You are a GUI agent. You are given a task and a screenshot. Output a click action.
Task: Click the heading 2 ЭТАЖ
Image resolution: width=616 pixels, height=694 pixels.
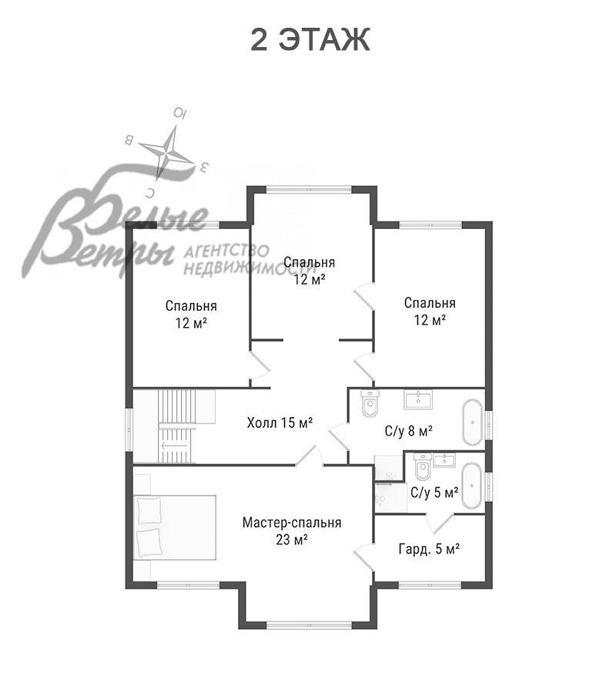pos(310,40)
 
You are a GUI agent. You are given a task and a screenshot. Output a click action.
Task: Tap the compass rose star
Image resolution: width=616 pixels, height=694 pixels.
pos(167,153)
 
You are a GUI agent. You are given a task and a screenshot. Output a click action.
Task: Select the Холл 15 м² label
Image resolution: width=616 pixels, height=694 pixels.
pos(280,423)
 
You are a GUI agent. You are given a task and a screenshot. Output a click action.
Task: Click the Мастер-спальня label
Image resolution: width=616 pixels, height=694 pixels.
pos(292,522)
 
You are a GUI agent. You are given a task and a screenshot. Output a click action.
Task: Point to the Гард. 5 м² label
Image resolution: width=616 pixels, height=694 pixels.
pos(429,549)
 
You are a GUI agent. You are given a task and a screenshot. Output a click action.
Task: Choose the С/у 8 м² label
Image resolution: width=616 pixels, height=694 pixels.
pos(409,430)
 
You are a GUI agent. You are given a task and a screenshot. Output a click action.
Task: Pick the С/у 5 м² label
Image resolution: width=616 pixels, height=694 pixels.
pos(434,492)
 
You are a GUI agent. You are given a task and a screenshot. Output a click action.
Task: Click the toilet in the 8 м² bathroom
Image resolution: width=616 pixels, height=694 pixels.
pos(370,403)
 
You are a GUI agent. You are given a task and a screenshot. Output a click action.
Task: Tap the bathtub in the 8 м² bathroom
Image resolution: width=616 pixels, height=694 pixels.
pos(472,423)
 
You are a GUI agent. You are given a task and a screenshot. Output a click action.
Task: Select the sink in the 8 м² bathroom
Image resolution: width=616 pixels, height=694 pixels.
pos(418,399)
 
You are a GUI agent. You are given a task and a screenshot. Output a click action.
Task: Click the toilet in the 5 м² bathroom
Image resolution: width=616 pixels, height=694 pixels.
pos(423,467)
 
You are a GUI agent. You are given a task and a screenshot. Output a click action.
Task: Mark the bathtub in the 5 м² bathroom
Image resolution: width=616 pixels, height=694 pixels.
pos(472,486)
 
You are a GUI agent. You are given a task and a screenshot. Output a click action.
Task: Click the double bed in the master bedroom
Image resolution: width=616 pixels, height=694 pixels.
pos(175,527)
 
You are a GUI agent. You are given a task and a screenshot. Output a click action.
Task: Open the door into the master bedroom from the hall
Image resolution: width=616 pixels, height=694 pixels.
pos(310,456)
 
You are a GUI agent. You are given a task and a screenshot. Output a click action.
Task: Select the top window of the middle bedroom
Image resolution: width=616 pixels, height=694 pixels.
pos(309,190)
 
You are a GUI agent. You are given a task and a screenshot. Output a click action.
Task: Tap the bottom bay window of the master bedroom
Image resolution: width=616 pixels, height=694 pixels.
pos(309,625)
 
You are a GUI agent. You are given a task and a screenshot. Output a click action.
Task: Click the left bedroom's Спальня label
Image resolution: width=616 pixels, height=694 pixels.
pos(191,306)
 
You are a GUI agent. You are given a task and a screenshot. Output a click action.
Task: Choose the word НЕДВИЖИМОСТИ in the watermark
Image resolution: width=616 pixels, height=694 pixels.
pos(250,268)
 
